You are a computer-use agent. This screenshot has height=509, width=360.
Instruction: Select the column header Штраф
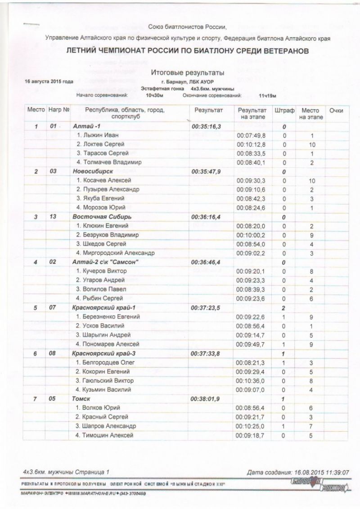(x=284, y=110)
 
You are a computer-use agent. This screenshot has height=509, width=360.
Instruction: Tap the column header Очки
(x=336, y=110)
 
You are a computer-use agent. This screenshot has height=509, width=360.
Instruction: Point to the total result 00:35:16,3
(x=207, y=127)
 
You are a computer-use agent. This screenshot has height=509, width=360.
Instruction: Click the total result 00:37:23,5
(x=207, y=307)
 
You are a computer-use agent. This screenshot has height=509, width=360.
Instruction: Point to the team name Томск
(x=81, y=398)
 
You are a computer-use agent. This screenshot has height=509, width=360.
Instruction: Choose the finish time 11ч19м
(x=267, y=96)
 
